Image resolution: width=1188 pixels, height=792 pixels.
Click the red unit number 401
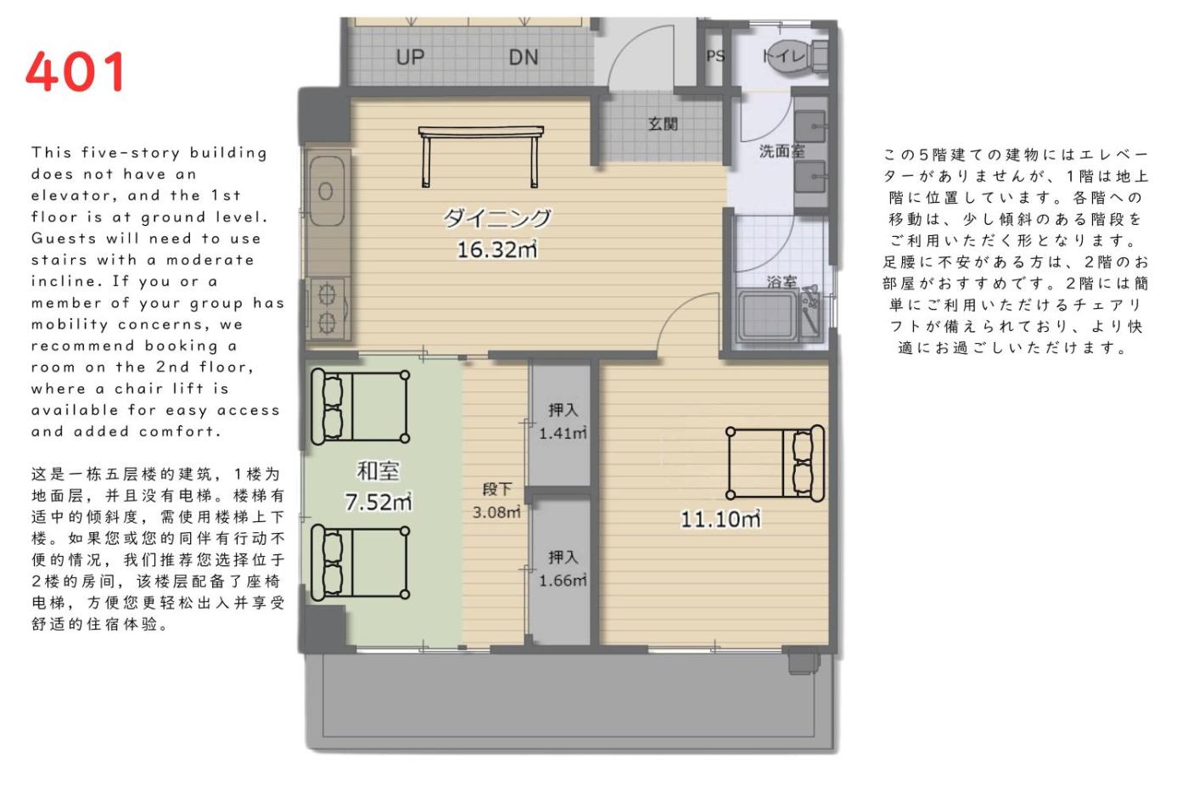[x=75, y=71]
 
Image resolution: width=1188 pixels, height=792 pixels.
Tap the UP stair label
[x=410, y=57]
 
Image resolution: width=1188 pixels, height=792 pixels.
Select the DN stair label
[x=523, y=57]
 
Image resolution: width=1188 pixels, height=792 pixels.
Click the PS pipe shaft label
[x=715, y=56]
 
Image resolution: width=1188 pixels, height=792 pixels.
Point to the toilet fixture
[x=797, y=56]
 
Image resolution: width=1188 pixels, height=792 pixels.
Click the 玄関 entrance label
[x=663, y=124]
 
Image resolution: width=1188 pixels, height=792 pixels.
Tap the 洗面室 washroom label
[x=782, y=151]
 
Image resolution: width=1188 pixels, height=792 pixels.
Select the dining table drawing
[x=480, y=156]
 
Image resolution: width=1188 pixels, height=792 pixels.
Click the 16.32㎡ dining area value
[x=497, y=250]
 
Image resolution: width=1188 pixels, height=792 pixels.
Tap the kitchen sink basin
[x=327, y=190]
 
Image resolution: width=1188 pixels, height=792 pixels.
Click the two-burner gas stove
[x=328, y=308]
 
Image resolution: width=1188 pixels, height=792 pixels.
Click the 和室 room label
[x=378, y=471]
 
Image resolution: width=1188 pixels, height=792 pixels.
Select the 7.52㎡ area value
[x=378, y=502]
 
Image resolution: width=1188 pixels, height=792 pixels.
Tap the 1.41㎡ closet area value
[x=563, y=434]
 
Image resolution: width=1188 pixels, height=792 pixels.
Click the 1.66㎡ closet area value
[x=563, y=581]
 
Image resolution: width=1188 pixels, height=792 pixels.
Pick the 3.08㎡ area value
[x=496, y=512]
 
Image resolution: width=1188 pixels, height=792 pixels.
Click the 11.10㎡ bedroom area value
[x=720, y=519]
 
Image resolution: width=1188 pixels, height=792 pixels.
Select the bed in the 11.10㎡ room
[x=776, y=463]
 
